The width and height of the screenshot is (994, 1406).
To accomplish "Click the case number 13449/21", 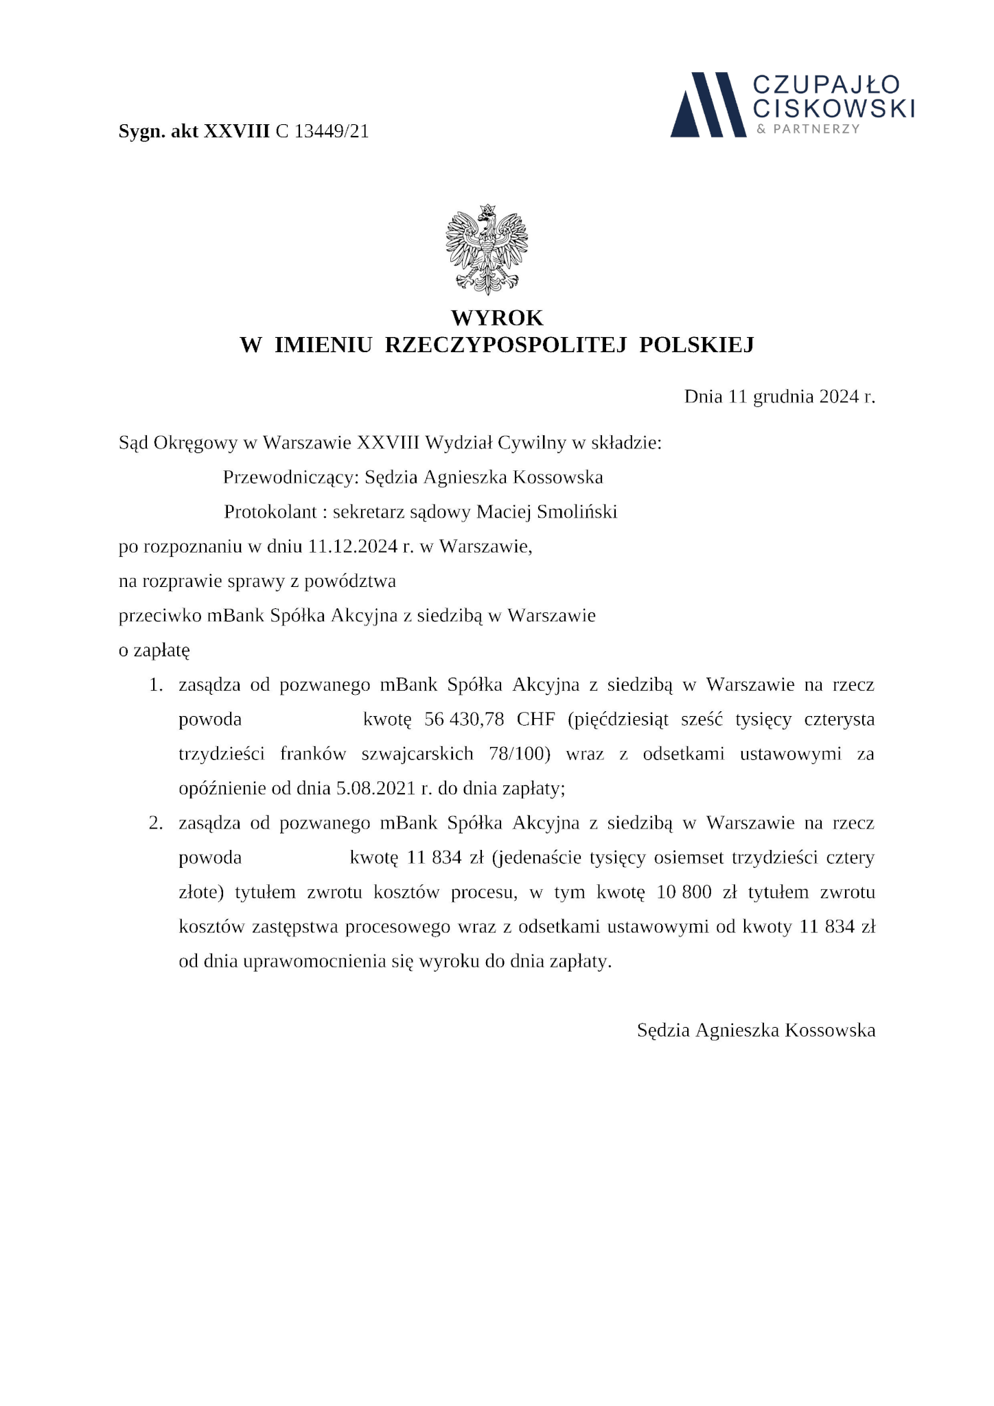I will (x=332, y=131).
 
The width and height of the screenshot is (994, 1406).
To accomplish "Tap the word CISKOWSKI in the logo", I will (x=834, y=108).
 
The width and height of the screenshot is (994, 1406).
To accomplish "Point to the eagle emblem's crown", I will (x=487, y=209).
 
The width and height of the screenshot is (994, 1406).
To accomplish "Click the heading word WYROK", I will (x=497, y=318).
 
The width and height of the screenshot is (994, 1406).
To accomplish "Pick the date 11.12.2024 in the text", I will (x=353, y=546).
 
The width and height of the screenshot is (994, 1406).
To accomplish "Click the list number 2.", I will (x=156, y=823).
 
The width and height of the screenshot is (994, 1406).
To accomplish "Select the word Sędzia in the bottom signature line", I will (x=663, y=1030).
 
